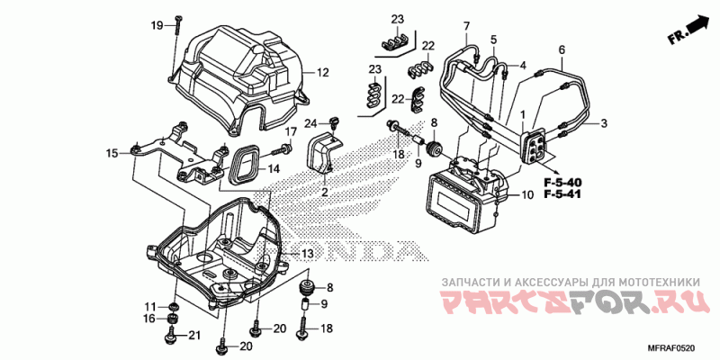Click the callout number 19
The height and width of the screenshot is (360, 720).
tap(156, 25)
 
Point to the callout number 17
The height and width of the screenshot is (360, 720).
tap(290, 131)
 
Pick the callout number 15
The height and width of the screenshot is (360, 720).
tap(112, 154)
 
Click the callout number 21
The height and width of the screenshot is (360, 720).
tap(192, 336)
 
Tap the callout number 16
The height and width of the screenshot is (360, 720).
tap(148, 318)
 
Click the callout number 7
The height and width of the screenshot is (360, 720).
tap(466, 25)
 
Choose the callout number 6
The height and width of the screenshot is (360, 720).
tap(562, 49)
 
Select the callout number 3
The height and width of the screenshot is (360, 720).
tap(604, 123)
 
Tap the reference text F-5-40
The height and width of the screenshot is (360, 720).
tap(562, 184)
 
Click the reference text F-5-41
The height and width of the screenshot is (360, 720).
tap(562, 195)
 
